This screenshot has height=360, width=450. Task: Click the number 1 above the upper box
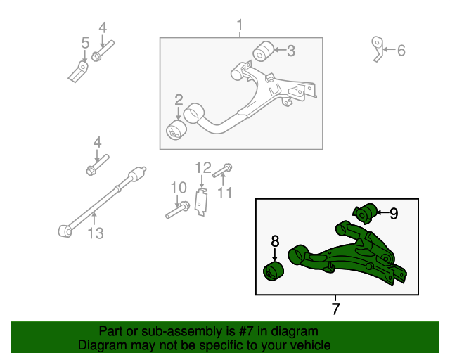240,27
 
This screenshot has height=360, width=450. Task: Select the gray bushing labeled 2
175,130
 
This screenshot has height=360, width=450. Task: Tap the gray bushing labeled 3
263,51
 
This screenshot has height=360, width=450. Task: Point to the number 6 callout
401,51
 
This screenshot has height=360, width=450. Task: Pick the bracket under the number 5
79,70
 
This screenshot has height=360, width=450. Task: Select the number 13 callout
95,233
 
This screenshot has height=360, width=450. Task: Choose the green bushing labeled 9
364,212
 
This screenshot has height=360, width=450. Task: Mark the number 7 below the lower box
335,308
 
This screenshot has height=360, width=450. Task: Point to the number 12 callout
203,167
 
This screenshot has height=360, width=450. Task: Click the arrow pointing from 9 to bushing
381,212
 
